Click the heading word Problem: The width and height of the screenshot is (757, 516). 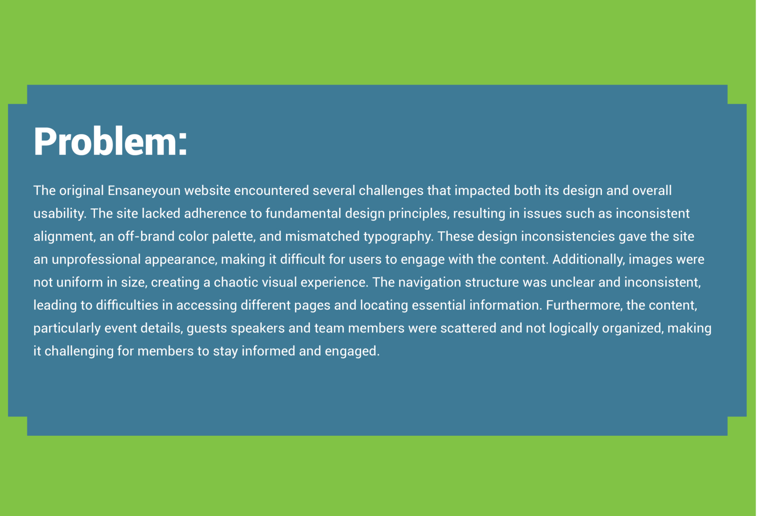(x=110, y=141)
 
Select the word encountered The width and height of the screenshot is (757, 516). (x=271, y=191)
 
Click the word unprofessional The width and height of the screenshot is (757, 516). (x=96, y=260)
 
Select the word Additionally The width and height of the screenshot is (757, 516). (x=588, y=260)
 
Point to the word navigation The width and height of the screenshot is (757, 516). (x=429, y=282)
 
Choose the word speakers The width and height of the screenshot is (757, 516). (x=257, y=329)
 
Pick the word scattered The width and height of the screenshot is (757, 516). (x=468, y=328)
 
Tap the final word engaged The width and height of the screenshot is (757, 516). (x=352, y=351)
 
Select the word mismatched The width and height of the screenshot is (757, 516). (x=323, y=236)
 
